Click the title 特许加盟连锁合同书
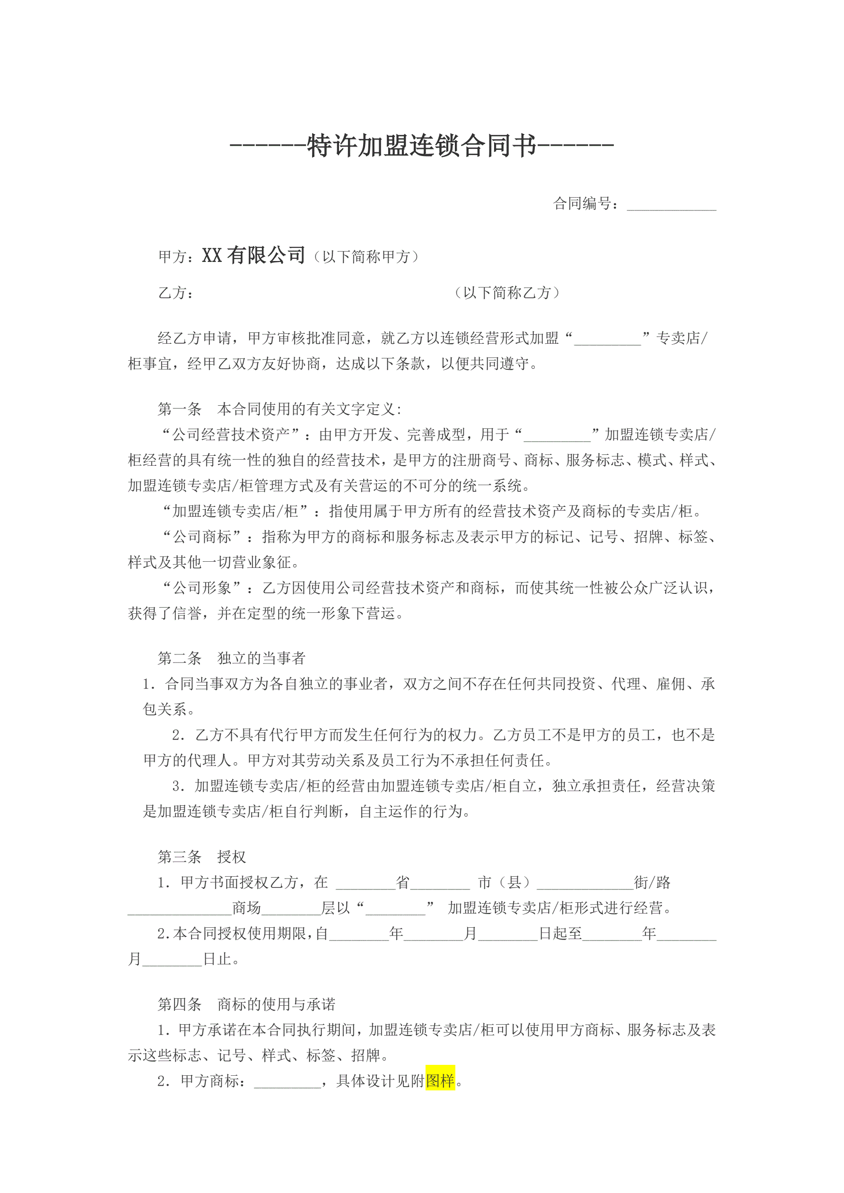(421, 146)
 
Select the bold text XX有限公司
(253, 255)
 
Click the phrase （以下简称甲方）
(366, 257)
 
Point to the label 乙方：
(176, 293)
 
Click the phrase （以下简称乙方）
(507, 293)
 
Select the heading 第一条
(180, 409)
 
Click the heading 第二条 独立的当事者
(231, 658)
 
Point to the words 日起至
(560, 934)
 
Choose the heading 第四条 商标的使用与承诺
(246, 1004)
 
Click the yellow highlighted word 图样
(440, 1081)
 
